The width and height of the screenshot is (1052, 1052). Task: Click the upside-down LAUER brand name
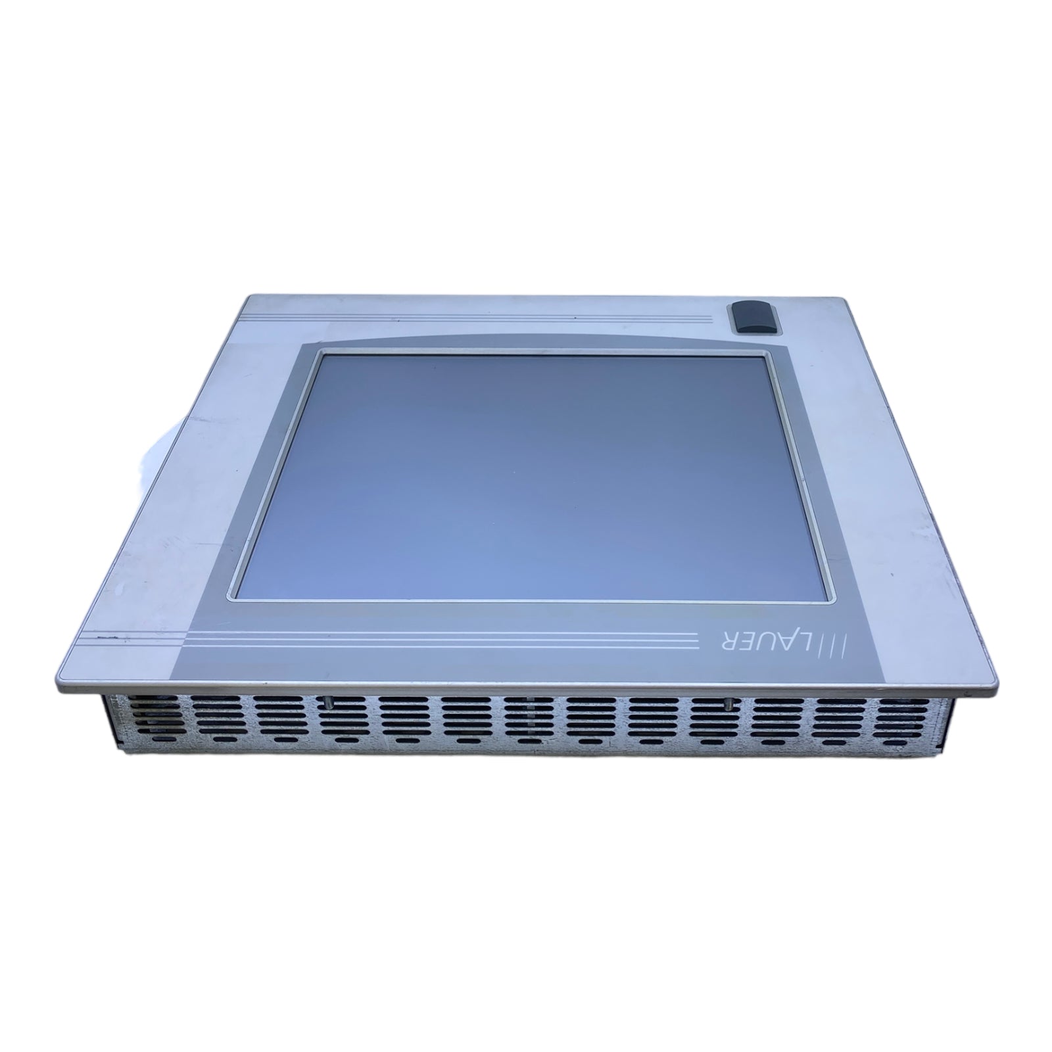click(769, 641)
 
